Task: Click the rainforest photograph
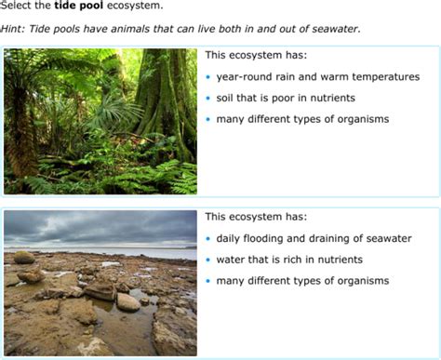point(100,121)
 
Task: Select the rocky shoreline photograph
point(100,282)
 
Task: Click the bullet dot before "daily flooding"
point(208,239)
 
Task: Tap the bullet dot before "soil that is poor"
point(208,99)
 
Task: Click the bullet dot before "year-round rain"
point(208,77)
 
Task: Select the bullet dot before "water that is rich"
point(208,260)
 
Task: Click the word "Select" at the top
point(18,7)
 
